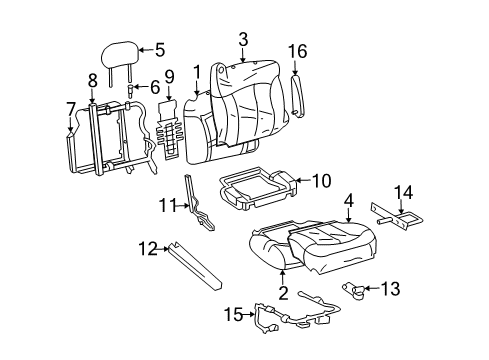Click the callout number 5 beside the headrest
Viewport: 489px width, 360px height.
(x=159, y=47)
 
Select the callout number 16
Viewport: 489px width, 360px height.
(x=297, y=50)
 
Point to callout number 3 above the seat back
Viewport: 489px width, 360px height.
(x=242, y=39)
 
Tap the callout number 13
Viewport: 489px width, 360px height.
(x=391, y=289)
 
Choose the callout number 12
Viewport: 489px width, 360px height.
(x=147, y=248)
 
